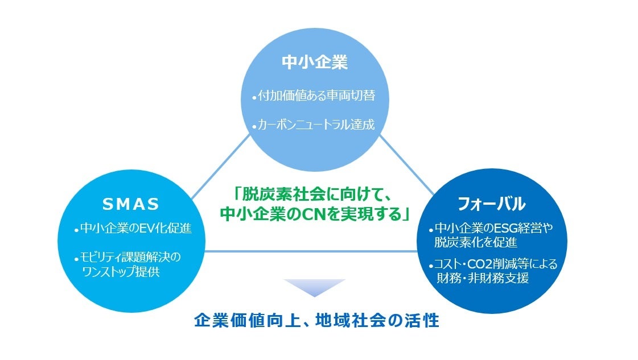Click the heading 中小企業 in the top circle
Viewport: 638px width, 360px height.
[315, 62]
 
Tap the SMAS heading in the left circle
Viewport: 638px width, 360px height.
[130, 204]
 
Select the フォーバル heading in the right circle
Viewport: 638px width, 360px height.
[492, 204]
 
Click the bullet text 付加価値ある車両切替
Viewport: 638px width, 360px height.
[316, 96]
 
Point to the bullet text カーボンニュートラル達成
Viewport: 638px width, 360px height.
[316, 124]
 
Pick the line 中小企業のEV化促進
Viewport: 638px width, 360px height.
[136, 228]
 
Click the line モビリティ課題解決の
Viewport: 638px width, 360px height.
[130, 257]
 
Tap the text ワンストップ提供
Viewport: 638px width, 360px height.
[121, 271]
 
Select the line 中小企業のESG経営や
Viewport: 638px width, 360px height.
[493, 228]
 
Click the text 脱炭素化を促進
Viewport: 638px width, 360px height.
[476, 242]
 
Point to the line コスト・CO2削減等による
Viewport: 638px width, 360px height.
[495, 264]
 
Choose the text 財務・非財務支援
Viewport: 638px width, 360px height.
[483, 278]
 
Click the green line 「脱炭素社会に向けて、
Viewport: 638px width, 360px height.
[313, 195]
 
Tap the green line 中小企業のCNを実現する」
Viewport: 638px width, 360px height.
[315, 214]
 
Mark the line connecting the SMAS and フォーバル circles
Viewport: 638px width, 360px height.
[311, 251]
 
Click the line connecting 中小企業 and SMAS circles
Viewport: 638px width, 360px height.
[220, 167]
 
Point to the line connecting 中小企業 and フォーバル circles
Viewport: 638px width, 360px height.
[407, 164]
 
